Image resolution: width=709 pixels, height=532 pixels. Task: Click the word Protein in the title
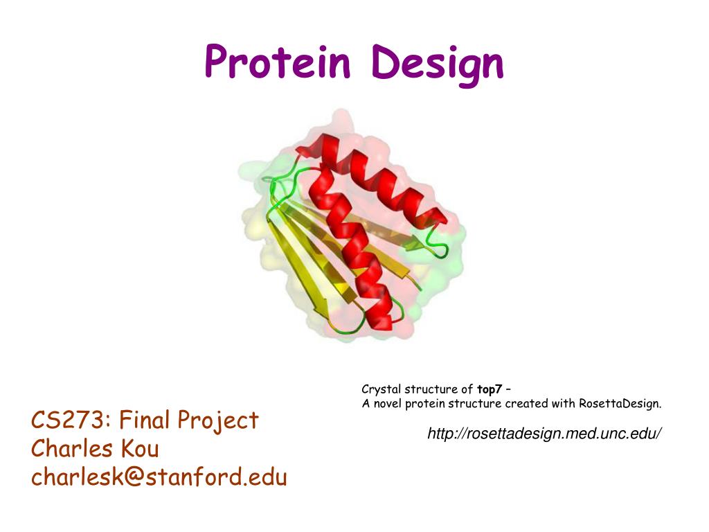pos(278,62)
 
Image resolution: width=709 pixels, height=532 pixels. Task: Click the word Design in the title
pos(438,64)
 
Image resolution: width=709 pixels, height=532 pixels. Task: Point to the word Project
pos(218,420)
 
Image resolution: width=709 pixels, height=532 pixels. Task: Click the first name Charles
pos(71,449)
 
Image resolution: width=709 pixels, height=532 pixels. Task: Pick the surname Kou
pos(140,449)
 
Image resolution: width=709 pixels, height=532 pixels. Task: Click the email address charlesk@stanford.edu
pos(159,477)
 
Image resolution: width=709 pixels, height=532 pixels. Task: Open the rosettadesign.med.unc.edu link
pos(544,434)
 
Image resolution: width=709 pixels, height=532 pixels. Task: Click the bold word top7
pos(490,389)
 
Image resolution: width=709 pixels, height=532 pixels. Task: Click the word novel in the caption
pos(386,404)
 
